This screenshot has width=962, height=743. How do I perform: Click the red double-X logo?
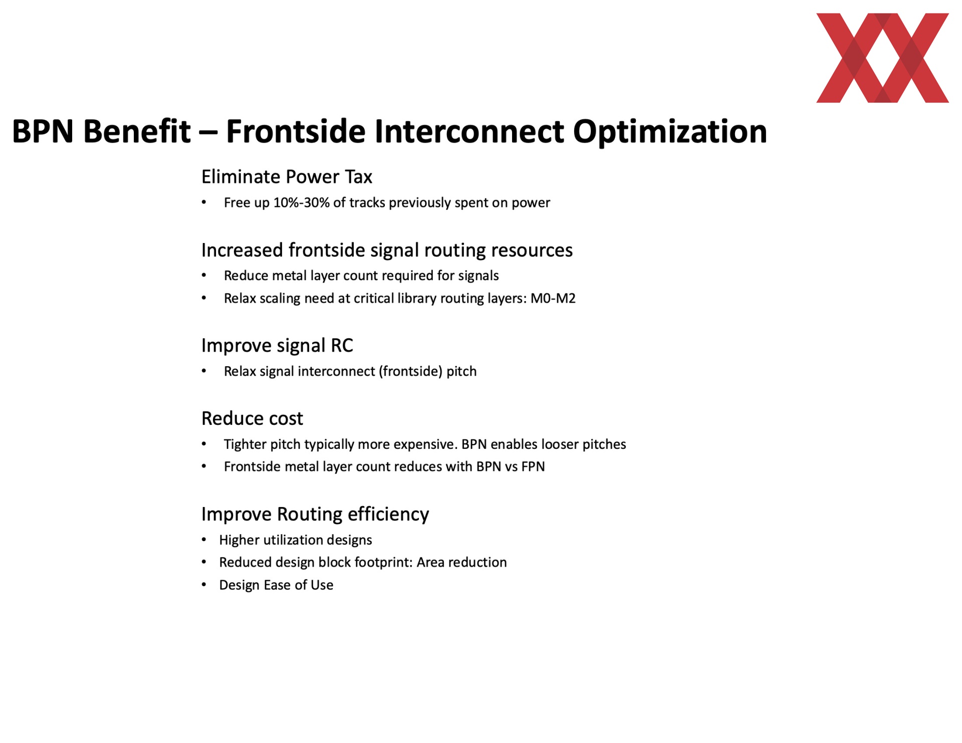[x=882, y=58]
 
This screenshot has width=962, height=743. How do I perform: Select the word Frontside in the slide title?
[x=296, y=131]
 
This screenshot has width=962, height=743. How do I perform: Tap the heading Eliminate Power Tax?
[x=287, y=177]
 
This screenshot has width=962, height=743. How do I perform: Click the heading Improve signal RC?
[x=277, y=346]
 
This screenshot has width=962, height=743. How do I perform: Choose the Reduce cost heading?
[x=252, y=418]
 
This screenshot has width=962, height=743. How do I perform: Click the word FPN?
[x=533, y=466]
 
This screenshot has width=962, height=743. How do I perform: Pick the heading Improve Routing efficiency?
[x=315, y=515]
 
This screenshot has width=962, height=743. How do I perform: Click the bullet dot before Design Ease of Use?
[x=204, y=585]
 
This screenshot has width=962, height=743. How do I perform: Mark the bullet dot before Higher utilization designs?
[x=204, y=540]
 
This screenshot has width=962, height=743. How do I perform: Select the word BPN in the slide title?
[x=43, y=131]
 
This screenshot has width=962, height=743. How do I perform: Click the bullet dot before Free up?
[x=204, y=202]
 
